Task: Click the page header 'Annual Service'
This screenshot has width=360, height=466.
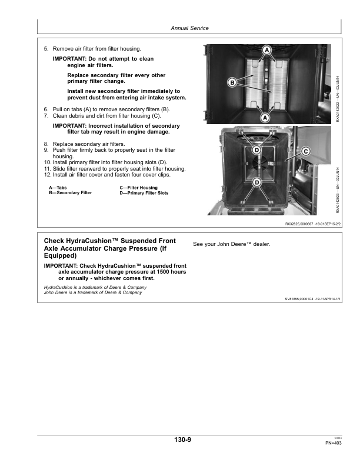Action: pyautogui.click(x=189, y=28)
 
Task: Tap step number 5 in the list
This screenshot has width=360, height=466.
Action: pyautogui.click(x=46, y=48)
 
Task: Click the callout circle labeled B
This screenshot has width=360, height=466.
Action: pyautogui.click(x=232, y=82)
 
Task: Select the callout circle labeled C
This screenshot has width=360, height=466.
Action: pyautogui.click(x=305, y=151)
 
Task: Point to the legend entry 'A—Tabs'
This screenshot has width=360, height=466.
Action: pyautogui.click(x=58, y=187)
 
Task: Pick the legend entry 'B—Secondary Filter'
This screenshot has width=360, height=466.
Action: pyautogui.click(x=70, y=193)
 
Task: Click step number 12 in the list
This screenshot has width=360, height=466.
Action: pyautogui.click(x=47, y=175)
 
